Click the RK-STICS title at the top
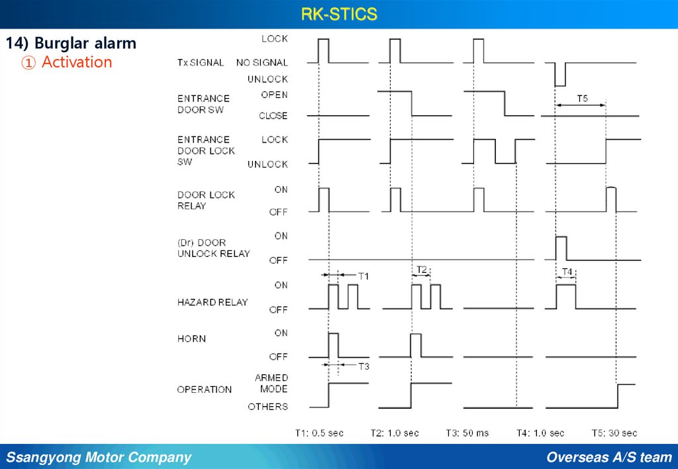(x=339, y=14)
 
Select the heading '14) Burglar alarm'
(x=72, y=44)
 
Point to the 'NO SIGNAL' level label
(x=262, y=63)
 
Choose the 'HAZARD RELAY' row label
(x=212, y=302)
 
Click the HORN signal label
(x=191, y=339)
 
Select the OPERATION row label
(x=204, y=390)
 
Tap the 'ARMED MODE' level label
(x=271, y=383)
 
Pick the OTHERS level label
(x=268, y=406)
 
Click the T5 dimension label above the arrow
(x=582, y=98)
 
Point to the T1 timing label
(x=363, y=275)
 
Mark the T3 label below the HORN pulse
(x=363, y=366)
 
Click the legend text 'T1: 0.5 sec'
(x=319, y=433)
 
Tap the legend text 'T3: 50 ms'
(x=467, y=433)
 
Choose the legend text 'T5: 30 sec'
(x=614, y=433)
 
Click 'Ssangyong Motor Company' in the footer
(x=99, y=457)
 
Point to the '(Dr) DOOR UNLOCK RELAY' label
(x=213, y=248)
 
